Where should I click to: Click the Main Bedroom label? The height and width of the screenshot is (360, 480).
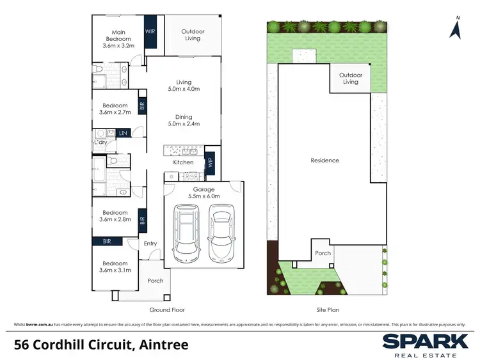coord(118,38)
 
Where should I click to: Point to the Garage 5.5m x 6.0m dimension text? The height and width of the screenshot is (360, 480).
coord(204,192)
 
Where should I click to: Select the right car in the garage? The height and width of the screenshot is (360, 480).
coord(221,230)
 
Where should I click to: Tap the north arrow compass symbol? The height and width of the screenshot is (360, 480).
coord(456,28)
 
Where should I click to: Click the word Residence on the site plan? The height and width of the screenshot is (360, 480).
coord(324,160)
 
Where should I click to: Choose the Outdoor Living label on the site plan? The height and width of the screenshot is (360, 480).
coord(351,78)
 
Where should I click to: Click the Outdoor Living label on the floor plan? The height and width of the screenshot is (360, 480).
coord(193,35)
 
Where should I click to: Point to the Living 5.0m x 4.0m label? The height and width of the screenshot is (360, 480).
coord(184,85)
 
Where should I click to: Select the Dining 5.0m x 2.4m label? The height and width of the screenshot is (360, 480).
coord(184,120)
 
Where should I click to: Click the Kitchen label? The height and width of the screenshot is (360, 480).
coord(183,162)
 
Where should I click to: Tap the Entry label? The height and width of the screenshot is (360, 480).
coord(150,244)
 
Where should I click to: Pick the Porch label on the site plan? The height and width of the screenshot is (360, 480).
coord(323,253)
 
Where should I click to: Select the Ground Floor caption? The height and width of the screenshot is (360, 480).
coord(168,309)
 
